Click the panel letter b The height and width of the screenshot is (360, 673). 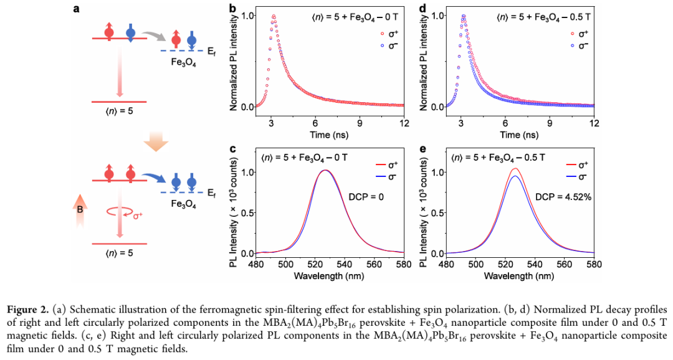(232, 9)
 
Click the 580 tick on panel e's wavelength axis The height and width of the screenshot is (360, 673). (594, 264)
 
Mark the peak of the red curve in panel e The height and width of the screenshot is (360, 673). (515, 169)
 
